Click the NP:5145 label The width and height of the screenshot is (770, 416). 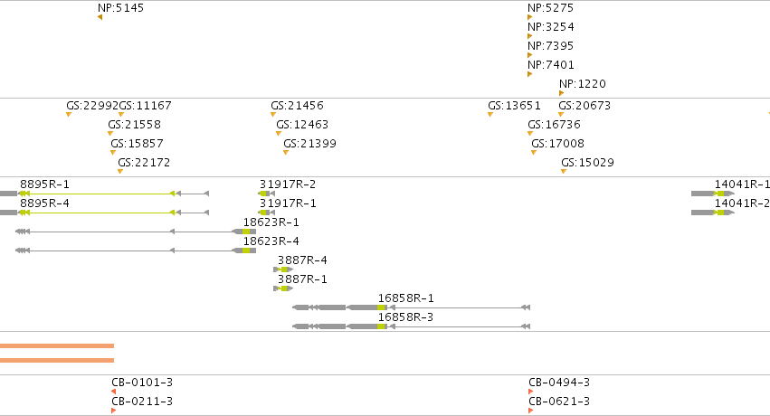(x=121, y=8)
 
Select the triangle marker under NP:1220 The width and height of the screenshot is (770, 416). (x=561, y=93)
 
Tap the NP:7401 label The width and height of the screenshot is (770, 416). (x=550, y=65)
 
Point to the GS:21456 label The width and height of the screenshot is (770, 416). (x=297, y=106)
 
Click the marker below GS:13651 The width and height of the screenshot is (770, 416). (x=490, y=115)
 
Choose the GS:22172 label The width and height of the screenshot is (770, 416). (x=144, y=163)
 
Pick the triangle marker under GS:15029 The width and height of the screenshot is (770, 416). (x=564, y=172)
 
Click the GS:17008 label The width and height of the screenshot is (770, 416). (x=558, y=143)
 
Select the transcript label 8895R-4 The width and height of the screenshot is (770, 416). (x=44, y=203)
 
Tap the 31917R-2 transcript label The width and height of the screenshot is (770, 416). (x=288, y=184)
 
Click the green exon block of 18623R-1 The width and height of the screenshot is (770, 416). (x=246, y=232)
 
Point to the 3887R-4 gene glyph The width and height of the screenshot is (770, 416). (x=283, y=269)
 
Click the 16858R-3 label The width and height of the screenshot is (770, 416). (x=405, y=317)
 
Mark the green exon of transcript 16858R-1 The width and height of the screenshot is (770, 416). (x=381, y=307)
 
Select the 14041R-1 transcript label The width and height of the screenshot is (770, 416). (x=742, y=184)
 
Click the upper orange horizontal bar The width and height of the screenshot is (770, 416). (x=57, y=345)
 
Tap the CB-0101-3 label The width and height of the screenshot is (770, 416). (x=142, y=383)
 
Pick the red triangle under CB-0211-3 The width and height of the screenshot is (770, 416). (x=113, y=411)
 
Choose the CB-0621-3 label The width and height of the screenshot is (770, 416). (x=559, y=402)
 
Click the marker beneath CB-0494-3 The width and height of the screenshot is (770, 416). (x=531, y=392)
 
